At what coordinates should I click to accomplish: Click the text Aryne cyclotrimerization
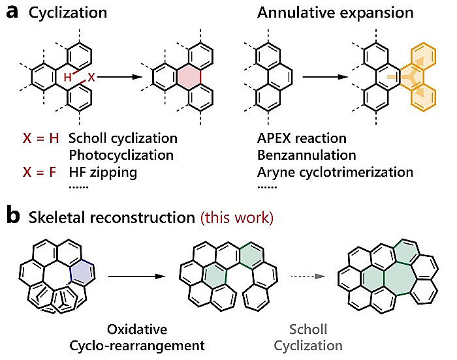[x=335, y=173]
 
